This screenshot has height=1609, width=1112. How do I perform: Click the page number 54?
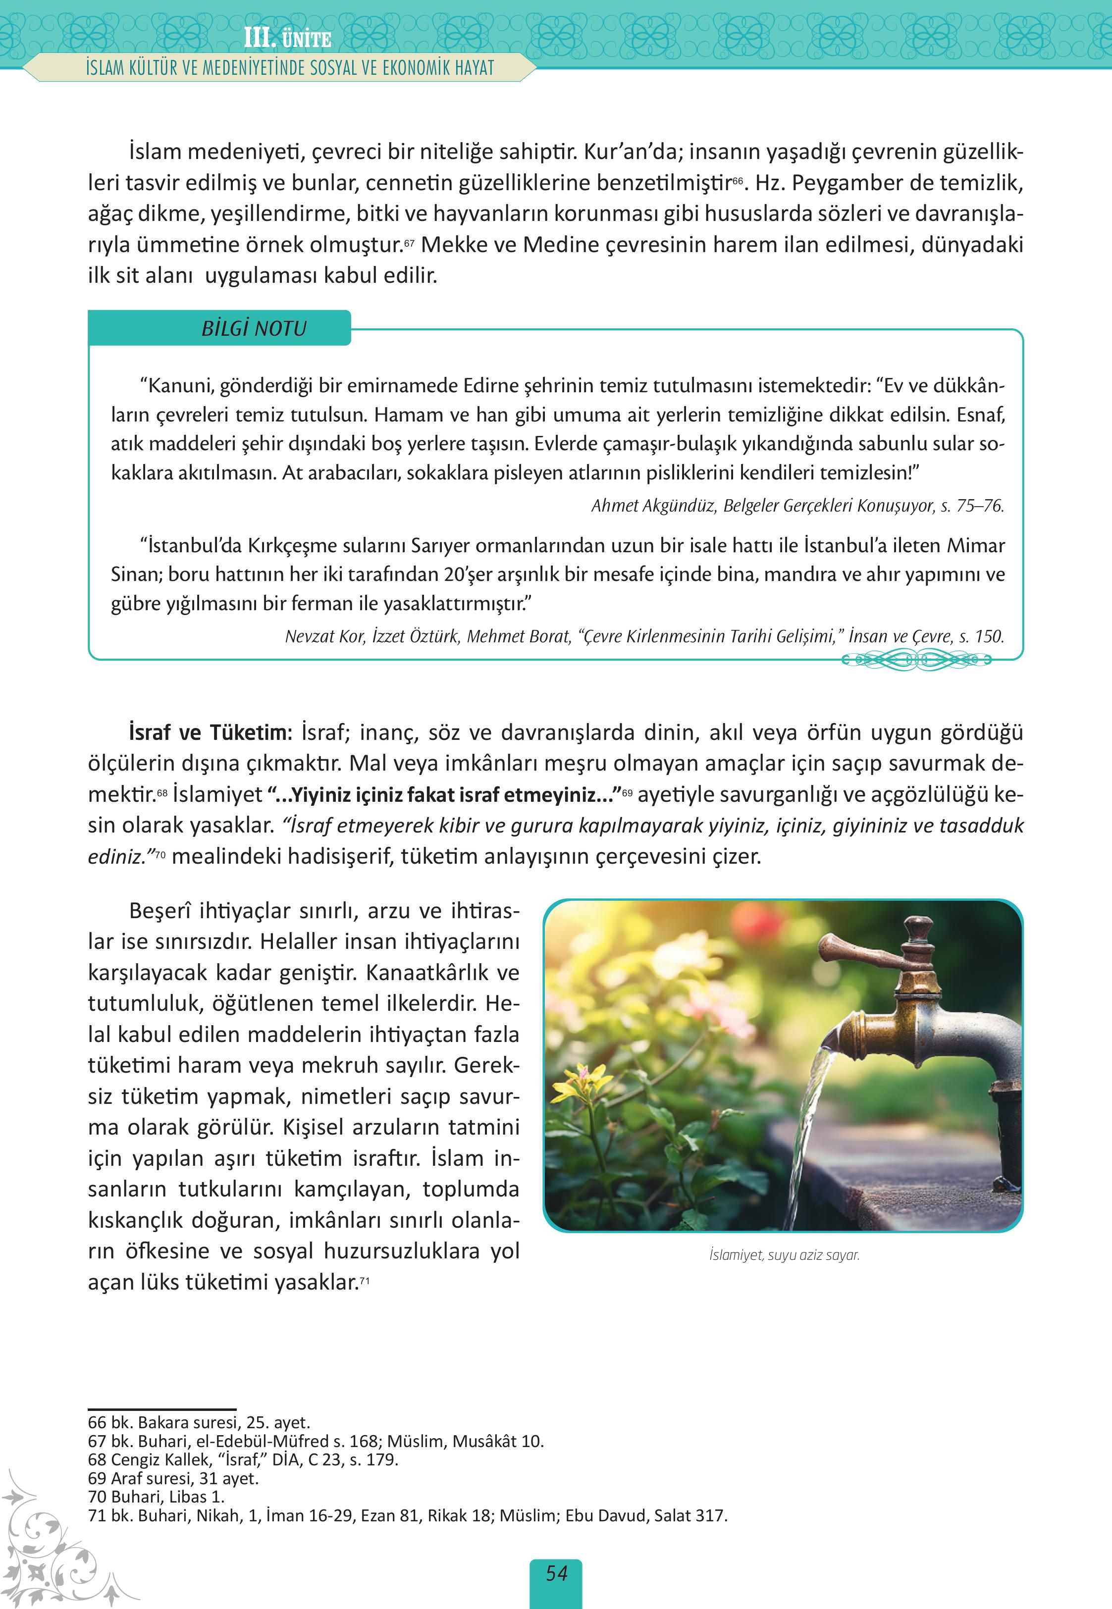point(556,1573)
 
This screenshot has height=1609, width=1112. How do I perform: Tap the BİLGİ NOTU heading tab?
point(254,328)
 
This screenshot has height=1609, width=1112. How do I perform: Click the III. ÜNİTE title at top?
point(287,38)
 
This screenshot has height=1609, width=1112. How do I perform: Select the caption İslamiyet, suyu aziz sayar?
point(784,1255)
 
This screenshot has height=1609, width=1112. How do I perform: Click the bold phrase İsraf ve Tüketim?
point(208,733)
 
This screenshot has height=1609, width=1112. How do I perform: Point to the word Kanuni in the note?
point(178,386)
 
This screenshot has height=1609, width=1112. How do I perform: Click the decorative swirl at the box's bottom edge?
point(917,659)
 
